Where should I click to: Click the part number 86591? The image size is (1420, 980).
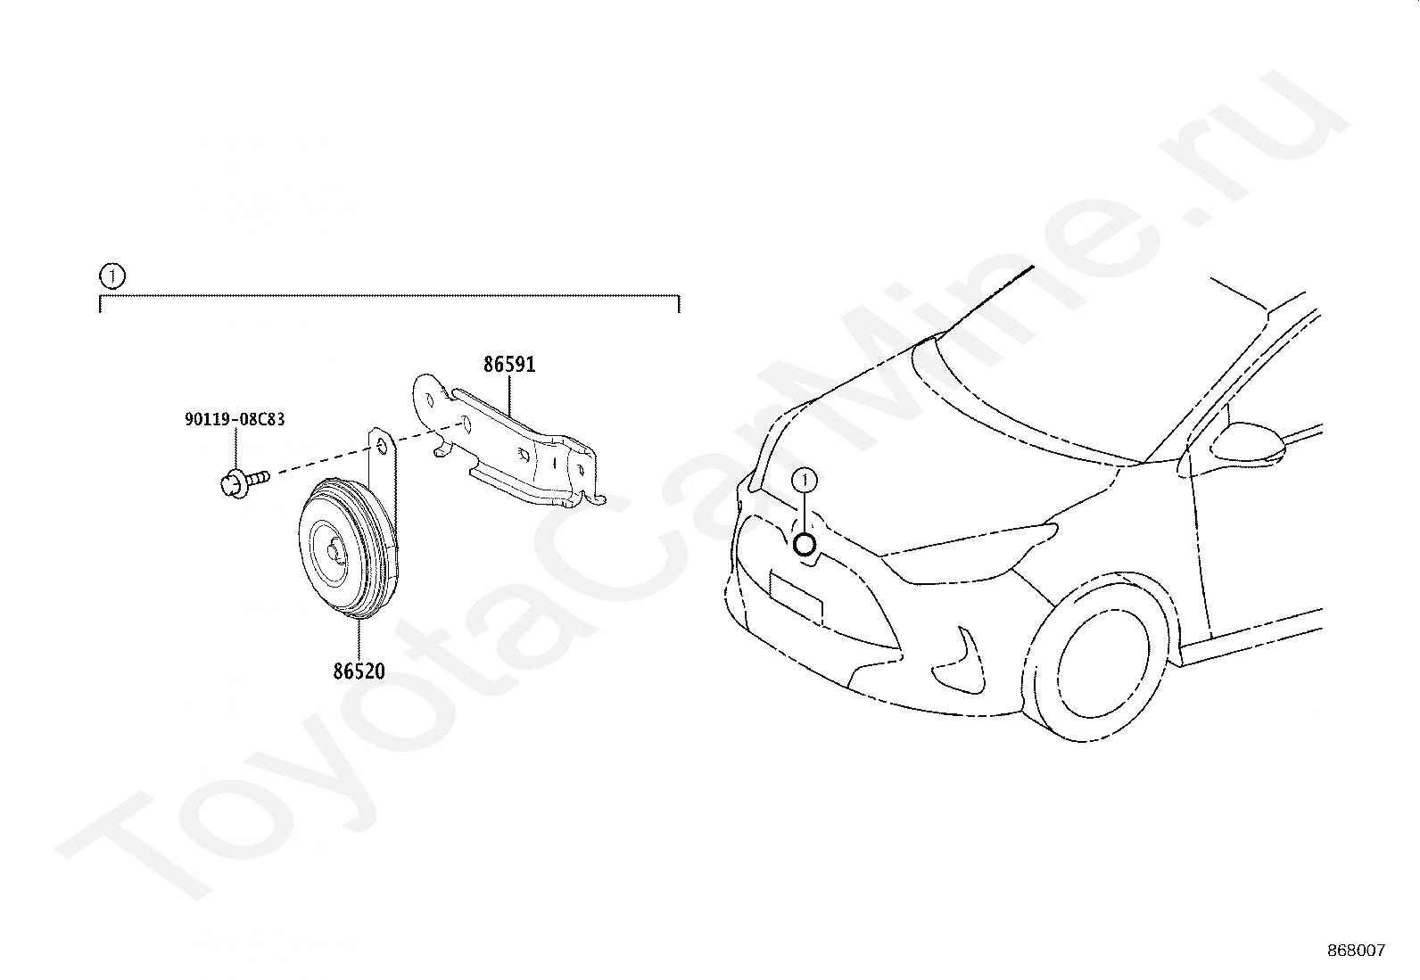pos(509,365)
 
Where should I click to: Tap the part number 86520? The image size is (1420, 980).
pos(359,671)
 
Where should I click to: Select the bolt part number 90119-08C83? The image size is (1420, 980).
pos(235,419)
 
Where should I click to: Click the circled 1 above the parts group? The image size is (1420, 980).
pos(111,276)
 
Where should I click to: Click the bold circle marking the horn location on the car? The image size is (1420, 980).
pos(805,543)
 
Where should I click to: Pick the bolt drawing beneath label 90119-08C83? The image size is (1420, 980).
pos(241,482)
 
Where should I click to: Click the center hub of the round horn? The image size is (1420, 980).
pos(335,553)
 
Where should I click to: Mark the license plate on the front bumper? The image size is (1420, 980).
pos(796,597)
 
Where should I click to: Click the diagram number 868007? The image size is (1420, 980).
pos(1356,951)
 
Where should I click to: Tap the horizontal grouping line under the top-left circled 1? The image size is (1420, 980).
pos(389,295)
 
